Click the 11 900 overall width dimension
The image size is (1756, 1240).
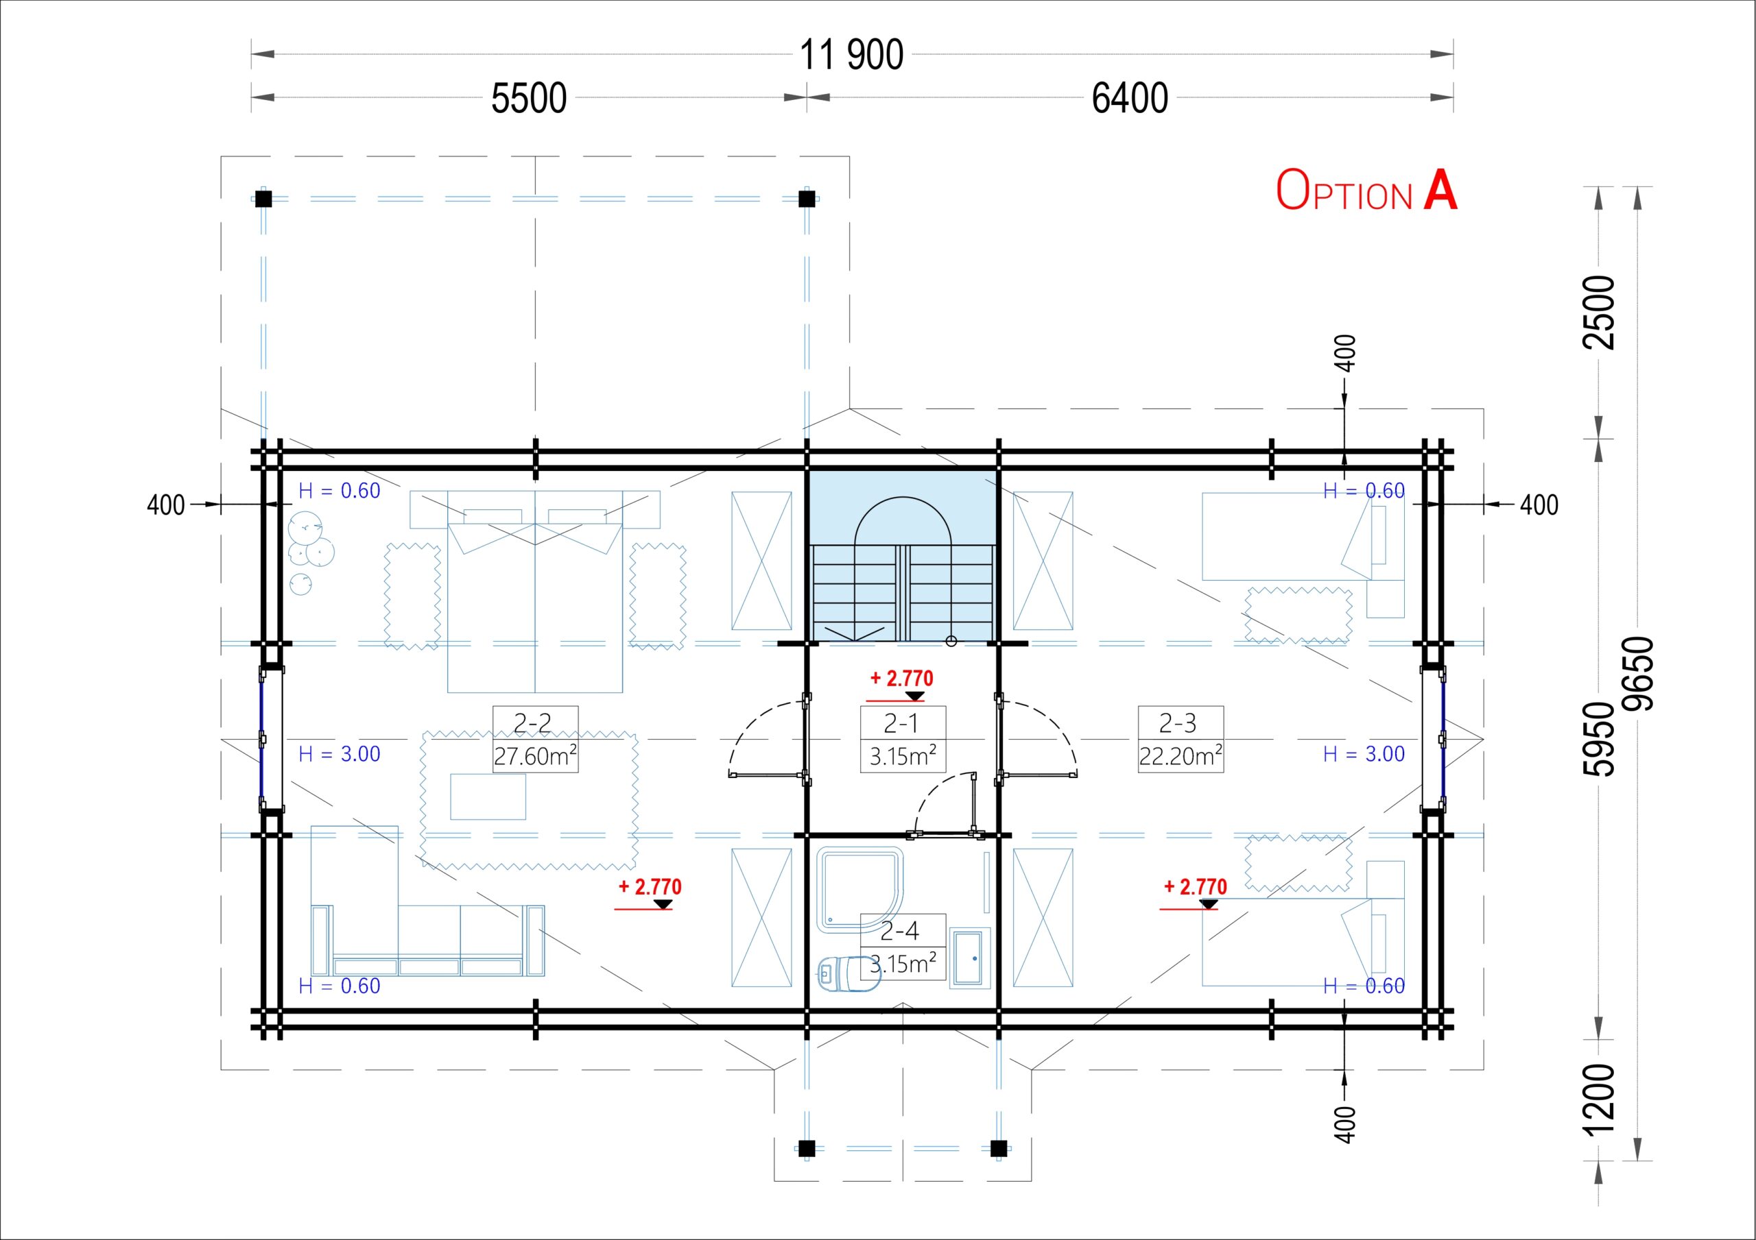[851, 55]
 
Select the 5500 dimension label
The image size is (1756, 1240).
[528, 99]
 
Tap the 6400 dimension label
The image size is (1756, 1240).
[1130, 99]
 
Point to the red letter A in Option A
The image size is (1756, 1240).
[1440, 190]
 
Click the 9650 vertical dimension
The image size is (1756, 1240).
[1639, 674]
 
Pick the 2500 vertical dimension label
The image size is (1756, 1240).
[1598, 312]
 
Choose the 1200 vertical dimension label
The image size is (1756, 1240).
[1598, 1099]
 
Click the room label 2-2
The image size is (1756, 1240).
[532, 722]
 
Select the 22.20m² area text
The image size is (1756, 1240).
[1180, 756]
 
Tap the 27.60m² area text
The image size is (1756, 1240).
[534, 756]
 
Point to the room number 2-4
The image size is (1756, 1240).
[899, 930]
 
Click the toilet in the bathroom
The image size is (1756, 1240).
[847, 973]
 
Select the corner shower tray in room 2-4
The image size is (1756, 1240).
[859, 889]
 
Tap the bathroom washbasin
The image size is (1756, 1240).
[969, 956]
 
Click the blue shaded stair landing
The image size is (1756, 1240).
[903, 509]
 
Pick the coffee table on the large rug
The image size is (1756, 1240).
[488, 797]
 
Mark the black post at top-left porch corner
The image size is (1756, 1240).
[263, 199]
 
